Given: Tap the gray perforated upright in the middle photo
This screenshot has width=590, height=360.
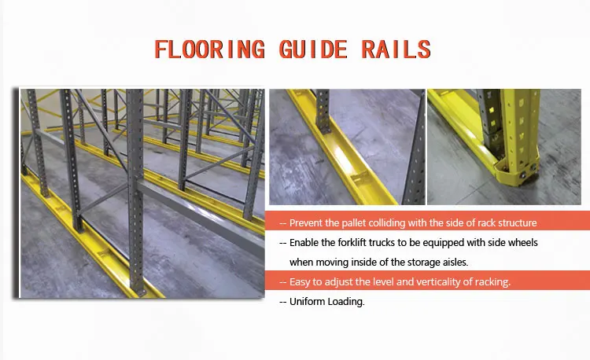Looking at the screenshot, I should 323,110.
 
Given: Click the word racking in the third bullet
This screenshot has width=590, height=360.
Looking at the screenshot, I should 492,281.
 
